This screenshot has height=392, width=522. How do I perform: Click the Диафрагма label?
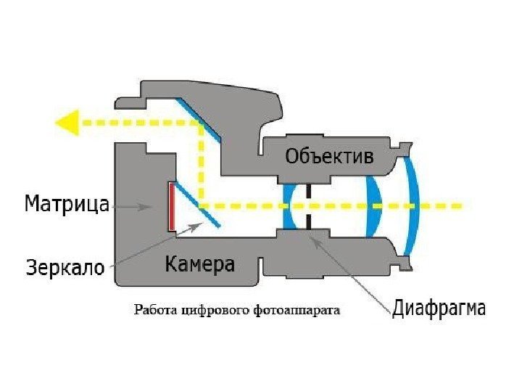pyautogui.click(x=439, y=308)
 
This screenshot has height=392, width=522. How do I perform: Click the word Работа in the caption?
pyautogui.click(x=154, y=310)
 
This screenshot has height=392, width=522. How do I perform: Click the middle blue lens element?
pyautogui.click(x=373, y=207)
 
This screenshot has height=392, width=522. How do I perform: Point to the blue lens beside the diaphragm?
pyautogui.click(x=288, y=207)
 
